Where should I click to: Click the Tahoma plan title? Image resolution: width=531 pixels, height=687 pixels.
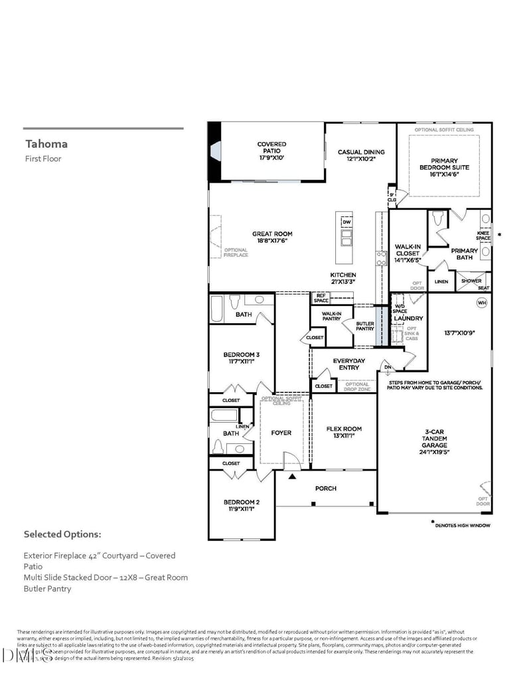click(46, 144)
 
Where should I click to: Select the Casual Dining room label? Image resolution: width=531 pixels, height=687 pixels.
click(361, 152)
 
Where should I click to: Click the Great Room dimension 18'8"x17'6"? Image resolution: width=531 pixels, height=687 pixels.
click(272, 241)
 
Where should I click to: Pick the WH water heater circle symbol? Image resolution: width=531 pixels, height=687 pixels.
click(481, 303)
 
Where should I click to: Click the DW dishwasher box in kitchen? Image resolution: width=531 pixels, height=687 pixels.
click(346, 222)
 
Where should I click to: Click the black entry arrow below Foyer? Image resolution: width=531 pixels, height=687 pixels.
click(292, 476)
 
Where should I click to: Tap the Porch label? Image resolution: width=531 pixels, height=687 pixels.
click(325, 489)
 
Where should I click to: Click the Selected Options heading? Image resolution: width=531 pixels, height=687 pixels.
click(62, 534)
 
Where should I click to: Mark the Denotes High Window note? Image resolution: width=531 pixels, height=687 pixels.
click(463, 526)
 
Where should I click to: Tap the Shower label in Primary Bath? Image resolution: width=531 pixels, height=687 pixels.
click(471, 281)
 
